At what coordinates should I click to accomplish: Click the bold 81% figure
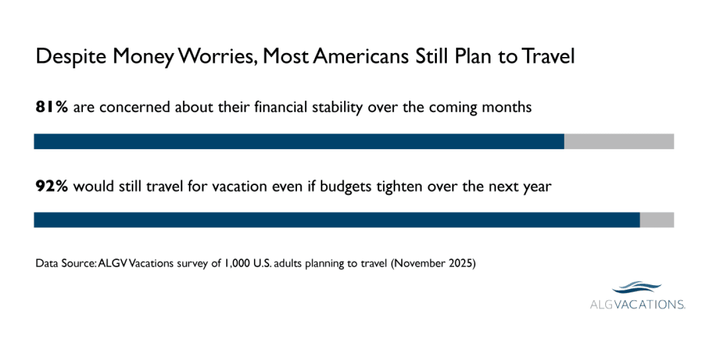coord(51,107)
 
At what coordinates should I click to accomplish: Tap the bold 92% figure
coord(51,186)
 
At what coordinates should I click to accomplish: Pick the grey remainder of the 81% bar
coord(619,141)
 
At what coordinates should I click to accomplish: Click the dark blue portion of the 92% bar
coord(336,220)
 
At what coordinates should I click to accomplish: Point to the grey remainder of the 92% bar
coord(657,220)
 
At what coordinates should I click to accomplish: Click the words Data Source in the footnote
coord(65,263)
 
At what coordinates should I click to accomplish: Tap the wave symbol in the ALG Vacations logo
coord(637,288)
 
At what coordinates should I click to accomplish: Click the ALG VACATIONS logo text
coord(638,305)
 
